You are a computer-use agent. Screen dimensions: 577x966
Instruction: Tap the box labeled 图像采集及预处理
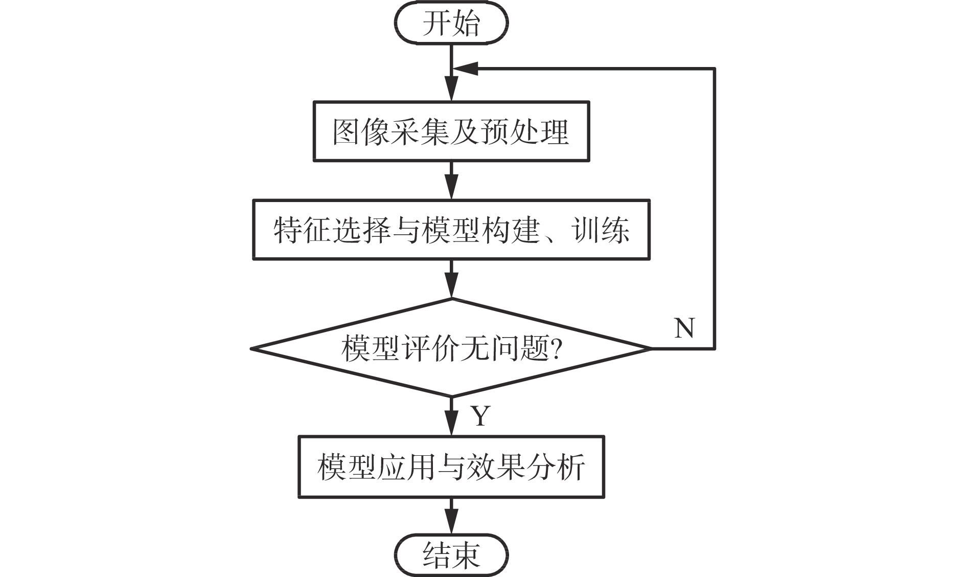click(451, 131)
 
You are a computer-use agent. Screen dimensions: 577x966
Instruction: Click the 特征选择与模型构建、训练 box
click(451, 230)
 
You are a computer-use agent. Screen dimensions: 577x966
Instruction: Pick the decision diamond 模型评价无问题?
click(451, 348)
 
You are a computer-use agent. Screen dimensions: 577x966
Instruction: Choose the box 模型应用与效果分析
click(451, 466)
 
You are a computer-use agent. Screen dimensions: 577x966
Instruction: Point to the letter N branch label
click(684, 328)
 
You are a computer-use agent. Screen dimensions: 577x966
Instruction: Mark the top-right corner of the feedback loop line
click(714, 69)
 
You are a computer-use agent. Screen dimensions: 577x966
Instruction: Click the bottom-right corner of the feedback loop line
click(714, 348)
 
